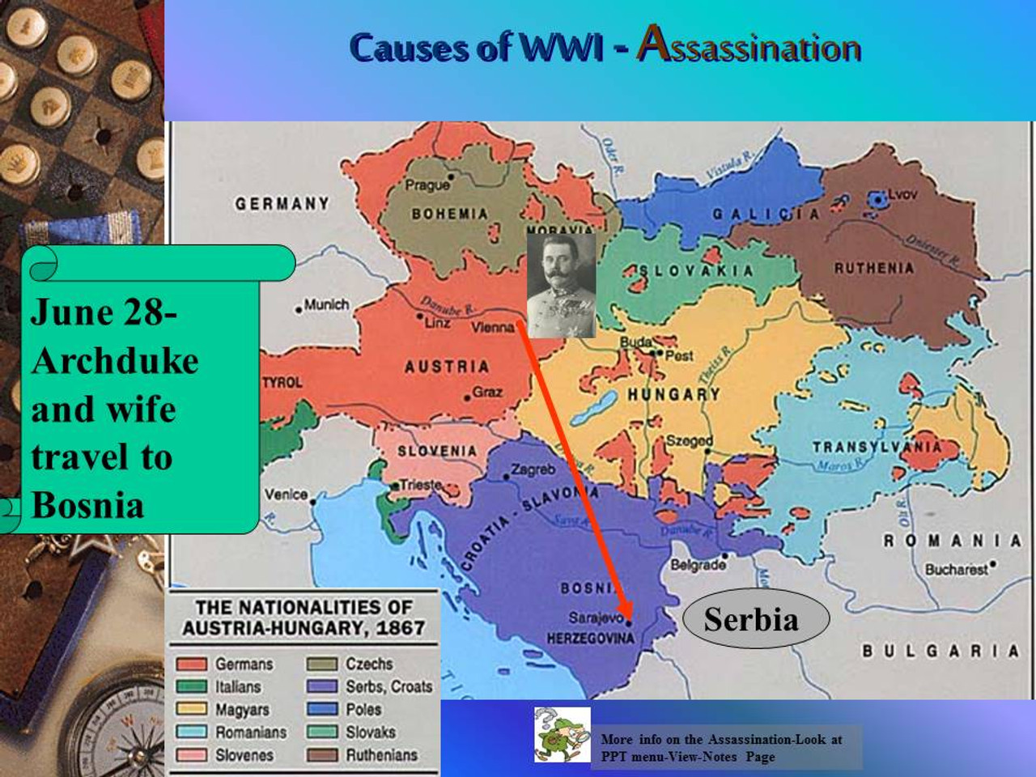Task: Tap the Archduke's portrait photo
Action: [561, 286]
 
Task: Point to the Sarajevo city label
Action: [595, 618]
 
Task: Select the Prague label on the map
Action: [427, 185]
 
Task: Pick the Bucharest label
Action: [956, 569]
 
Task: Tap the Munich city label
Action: [326, 305]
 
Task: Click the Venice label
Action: [286, 494]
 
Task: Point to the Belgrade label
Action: [698, 564]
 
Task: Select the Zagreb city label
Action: [533, 469]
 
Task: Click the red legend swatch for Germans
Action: [192, 664]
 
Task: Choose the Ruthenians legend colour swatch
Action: [322, 755]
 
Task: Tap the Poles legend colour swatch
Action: [322, 710]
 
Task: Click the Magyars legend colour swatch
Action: [192, 710]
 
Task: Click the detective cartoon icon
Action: [562, 735]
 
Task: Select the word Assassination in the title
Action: [749, 46]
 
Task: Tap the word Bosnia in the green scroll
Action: [87, 506]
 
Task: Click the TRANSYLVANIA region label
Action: [877, 447]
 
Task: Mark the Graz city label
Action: [487, 393]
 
